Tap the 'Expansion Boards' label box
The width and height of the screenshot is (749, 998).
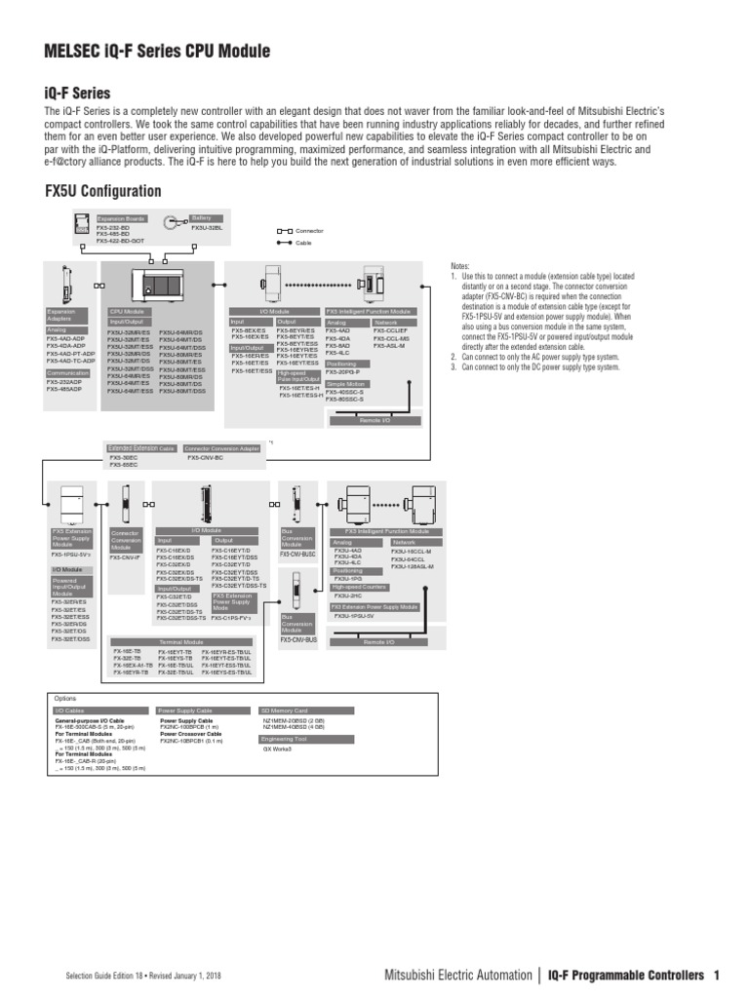[x=121, y=219]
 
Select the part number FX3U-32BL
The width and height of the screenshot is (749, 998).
[x=208, y=228]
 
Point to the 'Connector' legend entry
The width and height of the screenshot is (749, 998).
[x=309, y=231]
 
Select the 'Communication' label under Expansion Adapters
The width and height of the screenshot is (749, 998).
[x=69, y=372]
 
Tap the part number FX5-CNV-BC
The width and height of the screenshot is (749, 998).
[x=205, y=457]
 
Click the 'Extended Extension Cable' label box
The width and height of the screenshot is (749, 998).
[x=141, y=448]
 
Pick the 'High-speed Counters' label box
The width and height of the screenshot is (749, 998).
[x=360, y=587]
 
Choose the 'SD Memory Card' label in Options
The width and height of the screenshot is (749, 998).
[x=285, y=710]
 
